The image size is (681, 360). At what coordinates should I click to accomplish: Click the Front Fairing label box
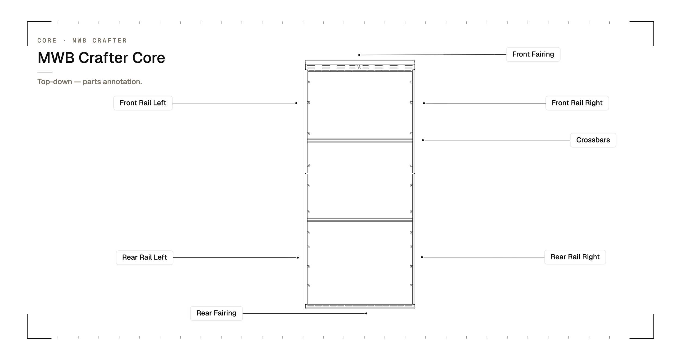coord(533,54)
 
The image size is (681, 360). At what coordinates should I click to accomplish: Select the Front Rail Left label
coord(143,103)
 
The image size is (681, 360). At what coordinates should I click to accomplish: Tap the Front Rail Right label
coord(577,103)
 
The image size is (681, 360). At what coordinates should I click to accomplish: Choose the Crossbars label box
coord(593,140)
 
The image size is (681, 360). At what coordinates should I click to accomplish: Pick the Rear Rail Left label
coord(144,258)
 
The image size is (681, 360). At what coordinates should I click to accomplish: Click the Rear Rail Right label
coord(575,257)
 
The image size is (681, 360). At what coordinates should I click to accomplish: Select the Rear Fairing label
coord(216,313)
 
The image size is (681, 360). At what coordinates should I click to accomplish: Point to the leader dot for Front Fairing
coord(359,55)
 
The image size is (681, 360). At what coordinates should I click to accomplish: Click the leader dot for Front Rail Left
coord(296,103)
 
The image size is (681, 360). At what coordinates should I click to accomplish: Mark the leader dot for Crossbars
coord(423,140)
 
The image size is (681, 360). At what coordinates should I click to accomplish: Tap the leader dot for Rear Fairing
coord(366,313)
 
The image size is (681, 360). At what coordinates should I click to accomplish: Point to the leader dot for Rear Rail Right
coord(422,257)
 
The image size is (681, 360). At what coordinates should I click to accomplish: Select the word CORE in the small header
coord(47,41)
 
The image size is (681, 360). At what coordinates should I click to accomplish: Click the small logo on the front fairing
coord(359,67)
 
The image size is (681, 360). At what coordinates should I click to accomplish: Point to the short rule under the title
coord(45,72)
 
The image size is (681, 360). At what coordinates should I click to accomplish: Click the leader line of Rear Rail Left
coord(235,258)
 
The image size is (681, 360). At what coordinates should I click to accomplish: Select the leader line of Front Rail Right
coord(485,103)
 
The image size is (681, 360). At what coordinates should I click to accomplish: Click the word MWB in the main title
coord(56,58)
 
